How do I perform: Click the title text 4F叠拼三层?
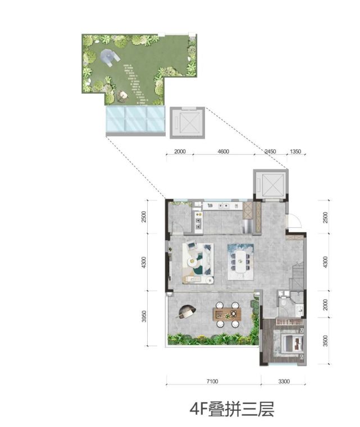point(231,408)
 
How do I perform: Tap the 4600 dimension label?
point(224,151)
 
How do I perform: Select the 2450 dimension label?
point(270,151)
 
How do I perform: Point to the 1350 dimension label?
point(295,151)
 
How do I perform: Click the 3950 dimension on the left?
point(144,316)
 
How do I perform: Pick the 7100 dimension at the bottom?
point(212,381)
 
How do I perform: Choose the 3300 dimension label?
point(284,381)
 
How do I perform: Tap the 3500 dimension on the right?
point(325,341)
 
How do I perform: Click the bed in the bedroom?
point(293,344)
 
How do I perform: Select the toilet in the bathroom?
point(284,301)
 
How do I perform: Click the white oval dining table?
point(240,261)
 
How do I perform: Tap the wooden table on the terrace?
point(227,315)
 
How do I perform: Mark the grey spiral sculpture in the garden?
point(110,57)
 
